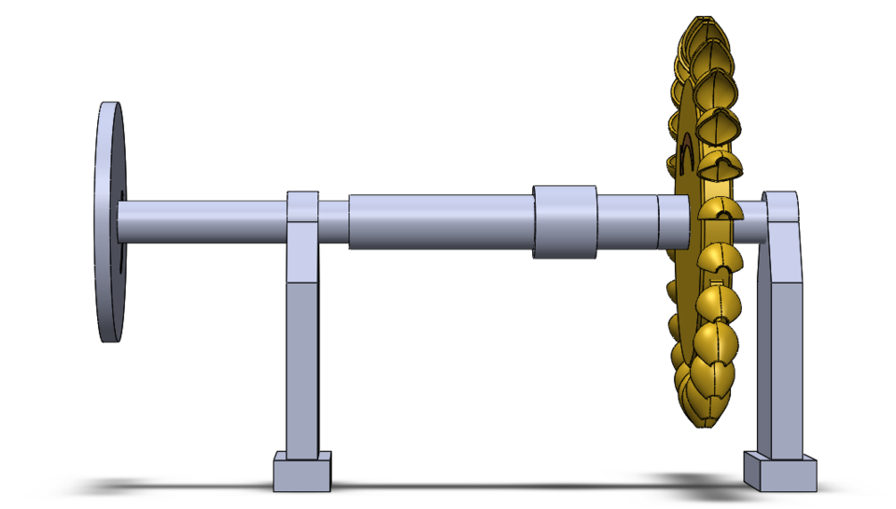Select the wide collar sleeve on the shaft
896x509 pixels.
[x=564, y=221]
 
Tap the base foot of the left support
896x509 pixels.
[x=302, y=472]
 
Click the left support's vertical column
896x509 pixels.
[x=302, y=364]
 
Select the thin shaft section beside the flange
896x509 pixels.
[x=201, y=221]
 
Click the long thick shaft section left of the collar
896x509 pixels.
[x=439, y=221]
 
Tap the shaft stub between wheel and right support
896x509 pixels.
[x=752, y=218]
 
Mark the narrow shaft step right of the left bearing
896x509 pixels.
[x=333, y=221]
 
